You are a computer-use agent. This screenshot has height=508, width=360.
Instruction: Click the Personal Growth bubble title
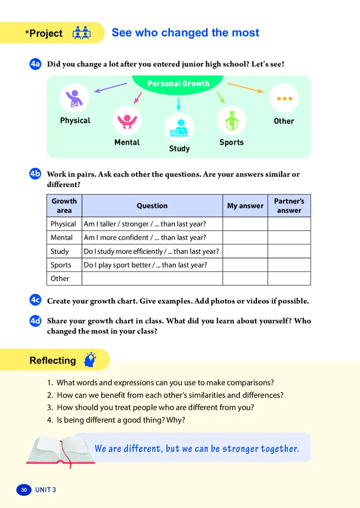tap(178, 84)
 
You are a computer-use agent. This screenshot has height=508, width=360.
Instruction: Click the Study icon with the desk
tap(179, 128)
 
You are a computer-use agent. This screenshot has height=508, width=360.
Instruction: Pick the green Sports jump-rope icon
tap(231, 120)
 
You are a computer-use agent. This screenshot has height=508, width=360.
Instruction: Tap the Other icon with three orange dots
tap(284, 98)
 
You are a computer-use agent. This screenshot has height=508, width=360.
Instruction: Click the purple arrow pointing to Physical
tap(111, 88)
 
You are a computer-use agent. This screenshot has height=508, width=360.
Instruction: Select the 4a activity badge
tap(36, 64)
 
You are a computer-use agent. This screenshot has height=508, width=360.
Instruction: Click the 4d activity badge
tap(36, 321)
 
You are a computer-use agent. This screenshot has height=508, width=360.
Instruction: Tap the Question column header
tap(152, 206)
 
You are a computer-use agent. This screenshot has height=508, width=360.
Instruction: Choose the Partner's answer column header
tap(289, 206)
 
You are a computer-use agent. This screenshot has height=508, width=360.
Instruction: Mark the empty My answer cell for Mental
tap(245, 237)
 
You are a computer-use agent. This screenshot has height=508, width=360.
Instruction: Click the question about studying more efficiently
tap(151, 251)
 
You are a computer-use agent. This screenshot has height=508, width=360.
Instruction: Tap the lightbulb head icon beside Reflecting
tap(90, 360)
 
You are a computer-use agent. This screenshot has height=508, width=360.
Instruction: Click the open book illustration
tap(61, 450)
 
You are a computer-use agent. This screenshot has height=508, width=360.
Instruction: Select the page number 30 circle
tap(24, 490)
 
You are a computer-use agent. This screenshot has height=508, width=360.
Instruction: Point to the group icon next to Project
tap(81, 33)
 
